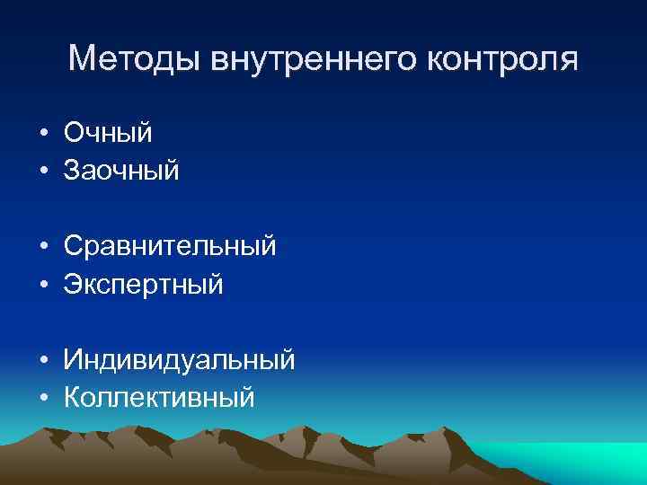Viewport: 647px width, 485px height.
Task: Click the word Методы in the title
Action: click(135, 60)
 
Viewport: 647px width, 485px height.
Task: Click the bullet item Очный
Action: click(108, 133)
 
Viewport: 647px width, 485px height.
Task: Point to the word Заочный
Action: click(121, 170)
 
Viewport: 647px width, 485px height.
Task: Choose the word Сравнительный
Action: click(170, 246)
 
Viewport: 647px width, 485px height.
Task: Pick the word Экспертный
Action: click(143, 284)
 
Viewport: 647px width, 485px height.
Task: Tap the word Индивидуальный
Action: click(179, 360)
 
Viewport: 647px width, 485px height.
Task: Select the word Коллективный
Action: click(159, 397)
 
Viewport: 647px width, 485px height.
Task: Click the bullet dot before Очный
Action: click(43, 134)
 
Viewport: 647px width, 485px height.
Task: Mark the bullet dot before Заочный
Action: click(43, 171)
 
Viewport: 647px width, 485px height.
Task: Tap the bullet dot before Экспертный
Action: click(43, 285)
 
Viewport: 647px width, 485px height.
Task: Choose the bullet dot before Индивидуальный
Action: click(43, 361)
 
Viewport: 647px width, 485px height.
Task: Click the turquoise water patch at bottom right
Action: click(575, 463)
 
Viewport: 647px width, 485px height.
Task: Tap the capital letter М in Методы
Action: click(83, 60)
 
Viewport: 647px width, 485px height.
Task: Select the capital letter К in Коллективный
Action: click(71, 397)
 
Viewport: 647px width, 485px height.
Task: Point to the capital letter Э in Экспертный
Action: click(72, 284)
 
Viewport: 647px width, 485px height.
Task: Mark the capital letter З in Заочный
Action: click(71, 170)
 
